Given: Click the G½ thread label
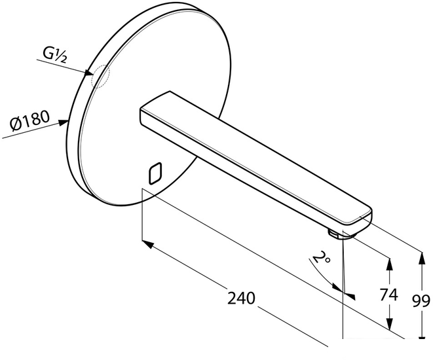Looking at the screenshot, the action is [x=54, y=55].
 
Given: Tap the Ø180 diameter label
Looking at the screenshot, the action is [x=30, y=121].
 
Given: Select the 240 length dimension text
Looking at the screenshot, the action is [x=241, y=298].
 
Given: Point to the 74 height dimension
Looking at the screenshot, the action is [x=389, y=295].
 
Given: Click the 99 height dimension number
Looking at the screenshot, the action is [x=421, y=301].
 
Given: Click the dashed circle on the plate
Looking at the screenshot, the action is [x=100, y=77].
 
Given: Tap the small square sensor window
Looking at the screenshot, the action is [x=155, y=173].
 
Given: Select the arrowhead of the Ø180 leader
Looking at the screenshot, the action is [x=63, y=122].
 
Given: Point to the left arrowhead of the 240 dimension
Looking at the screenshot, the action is [x=148, y=244].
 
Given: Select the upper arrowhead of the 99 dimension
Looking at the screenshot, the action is [x=421, y=258].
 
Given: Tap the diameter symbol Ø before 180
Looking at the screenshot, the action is [x=15, y=124].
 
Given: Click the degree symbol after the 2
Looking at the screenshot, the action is [x=328, y=260].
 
